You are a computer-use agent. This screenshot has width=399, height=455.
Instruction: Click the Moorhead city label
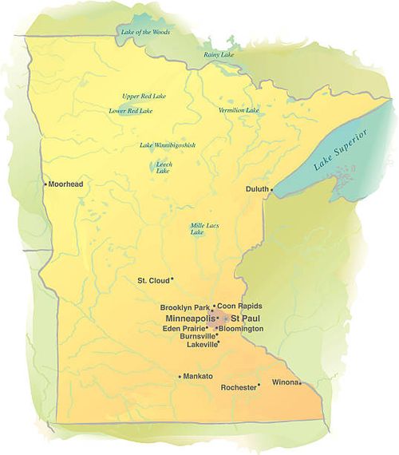pos(66,184)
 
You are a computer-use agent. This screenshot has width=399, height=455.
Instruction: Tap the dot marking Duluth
pos(271,189)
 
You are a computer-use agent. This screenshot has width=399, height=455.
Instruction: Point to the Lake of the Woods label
pos(145,32)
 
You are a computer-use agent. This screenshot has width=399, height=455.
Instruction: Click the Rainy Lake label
pos(217,54)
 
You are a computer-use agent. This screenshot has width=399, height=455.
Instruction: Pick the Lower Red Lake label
pos(130,111)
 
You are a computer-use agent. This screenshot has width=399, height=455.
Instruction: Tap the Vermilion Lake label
pos(239,109)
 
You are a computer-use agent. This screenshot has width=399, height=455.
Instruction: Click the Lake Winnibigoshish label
pos(168,144)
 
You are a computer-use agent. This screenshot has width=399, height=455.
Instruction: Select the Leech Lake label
pos(164,167)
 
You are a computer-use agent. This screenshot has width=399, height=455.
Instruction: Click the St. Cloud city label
pos(152,280)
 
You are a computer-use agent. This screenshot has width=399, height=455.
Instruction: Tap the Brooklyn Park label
pos(184,307)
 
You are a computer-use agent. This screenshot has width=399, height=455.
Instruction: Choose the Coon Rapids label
pos(240,307)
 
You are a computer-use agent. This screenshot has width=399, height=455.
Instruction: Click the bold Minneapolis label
pos(189,318)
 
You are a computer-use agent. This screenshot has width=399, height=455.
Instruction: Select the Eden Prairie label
pos(183,328)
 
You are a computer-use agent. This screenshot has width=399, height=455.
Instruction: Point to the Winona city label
pos(285,382)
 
